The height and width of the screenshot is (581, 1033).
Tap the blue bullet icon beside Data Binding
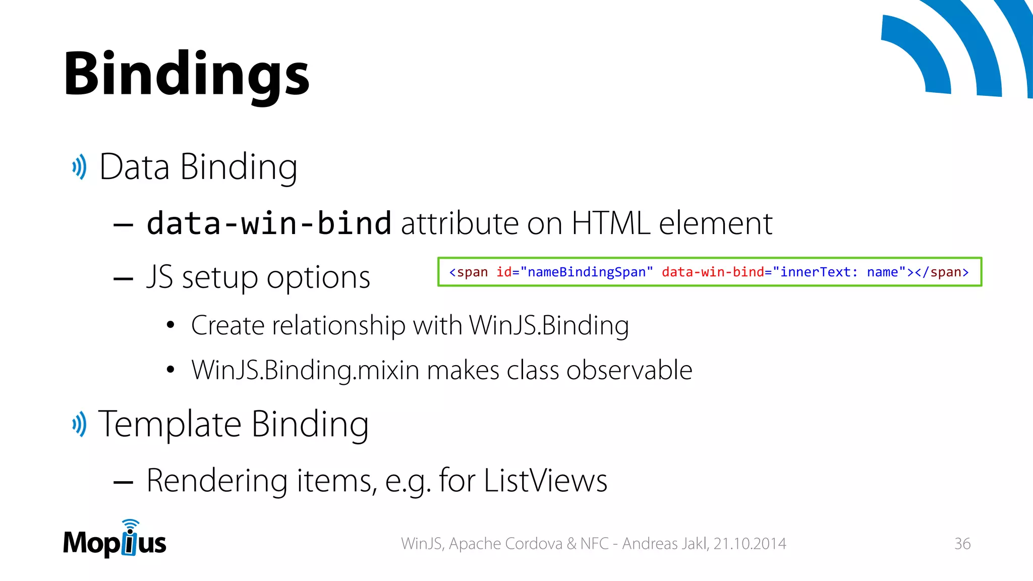point(79,167)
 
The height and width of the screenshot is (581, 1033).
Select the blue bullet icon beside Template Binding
point(79,424)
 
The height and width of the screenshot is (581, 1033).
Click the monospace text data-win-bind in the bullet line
point(269,223)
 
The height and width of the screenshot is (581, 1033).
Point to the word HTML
point(611,223)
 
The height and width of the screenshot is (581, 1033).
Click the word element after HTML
point(716,223)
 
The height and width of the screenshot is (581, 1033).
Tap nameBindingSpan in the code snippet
point(587,272)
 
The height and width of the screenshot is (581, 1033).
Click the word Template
point(169,424)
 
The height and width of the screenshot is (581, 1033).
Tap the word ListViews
point(545,480)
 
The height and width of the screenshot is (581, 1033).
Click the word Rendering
point(217,480)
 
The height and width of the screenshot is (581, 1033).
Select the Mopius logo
point(115,540)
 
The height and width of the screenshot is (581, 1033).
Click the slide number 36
point(962,544)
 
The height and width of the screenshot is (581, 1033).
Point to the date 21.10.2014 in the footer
point(750,544)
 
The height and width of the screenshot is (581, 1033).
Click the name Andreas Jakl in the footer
point(665,544)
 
